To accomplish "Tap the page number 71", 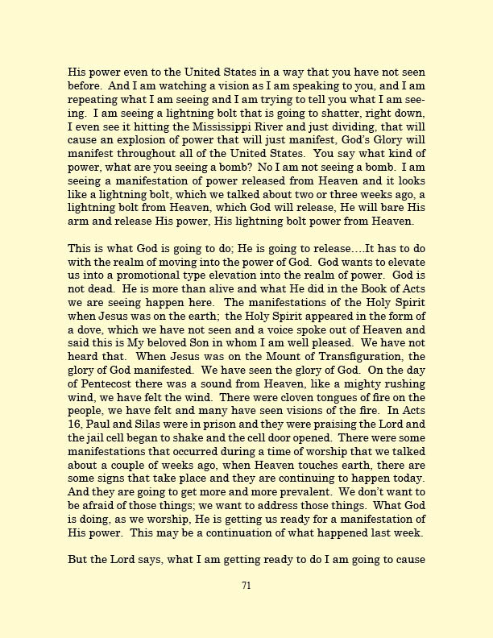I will [246, 586].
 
